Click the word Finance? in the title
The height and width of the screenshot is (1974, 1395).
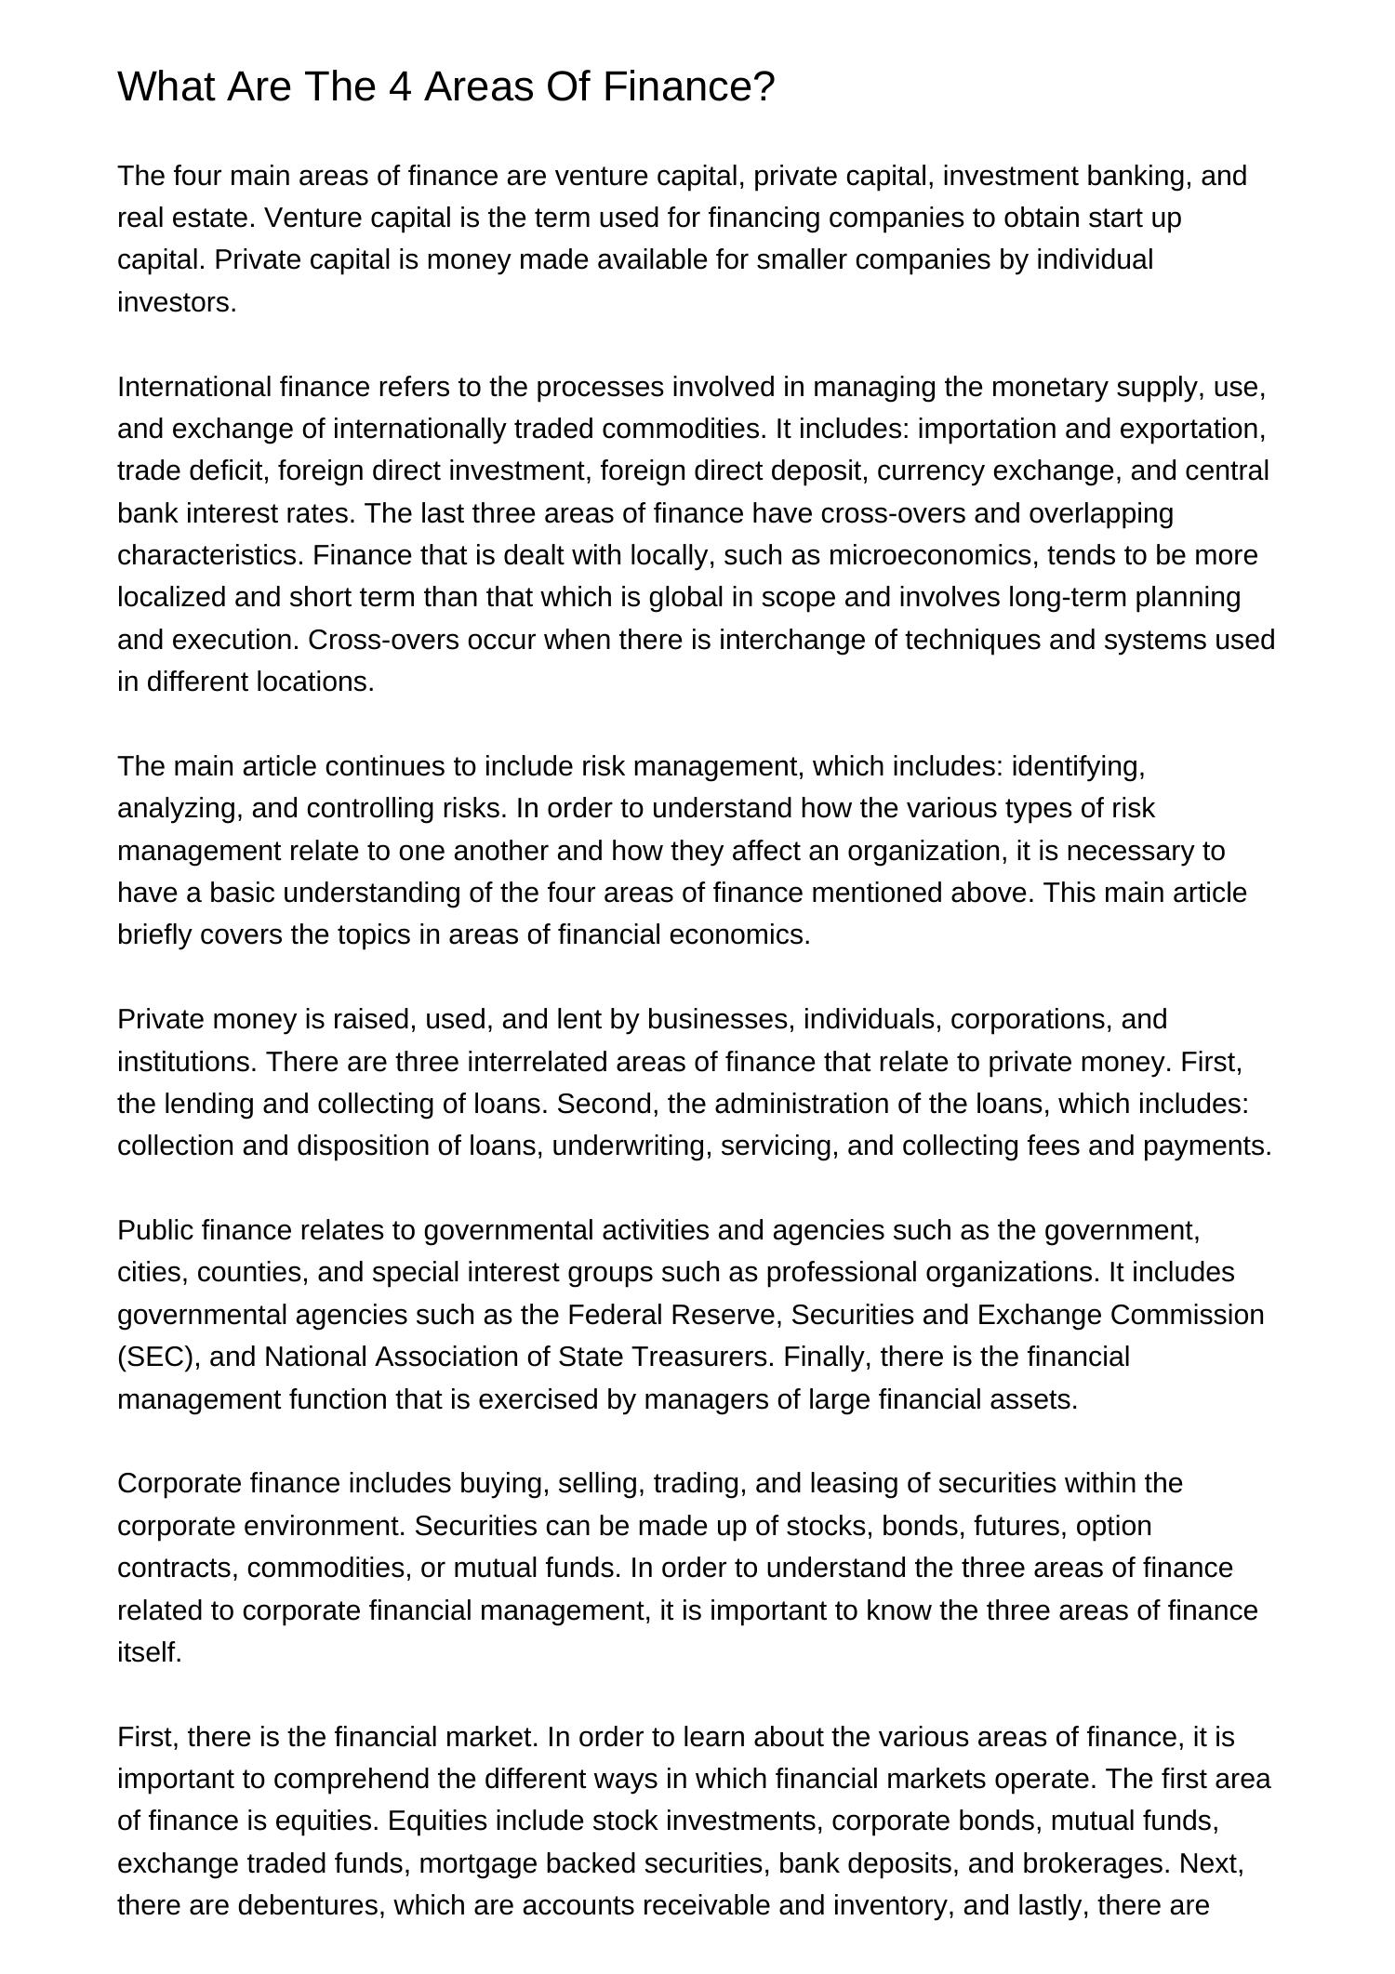click(x=688, y=87)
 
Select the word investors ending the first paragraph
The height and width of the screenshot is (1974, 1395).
click(x=177, y=302)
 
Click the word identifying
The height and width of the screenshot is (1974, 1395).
click(x=1078, y=766)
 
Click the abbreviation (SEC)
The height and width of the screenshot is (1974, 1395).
click(x=159, y=1357)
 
